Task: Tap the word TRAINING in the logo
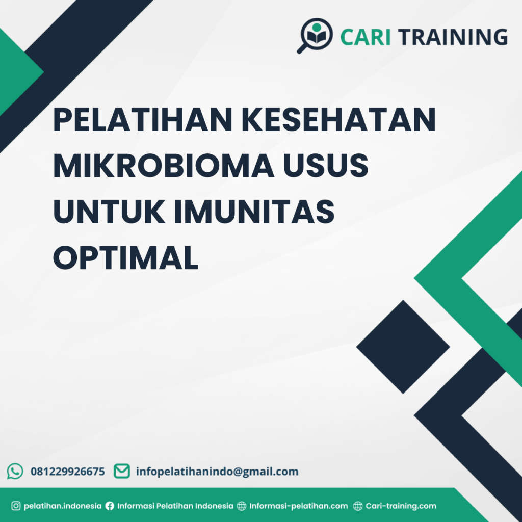[x=453, y=37]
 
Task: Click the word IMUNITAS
[x=254, y=212]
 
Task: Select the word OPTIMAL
[x=125, y=257]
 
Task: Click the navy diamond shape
[x=403, y=347]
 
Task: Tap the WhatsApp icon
[x=15, y=471]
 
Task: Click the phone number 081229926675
[x=68, y=472]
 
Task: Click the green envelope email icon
[x=121, y=471]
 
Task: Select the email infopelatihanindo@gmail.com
[x=217, y=472]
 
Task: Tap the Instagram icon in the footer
[x=16, y=506]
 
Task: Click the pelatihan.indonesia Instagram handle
[x=63, y=506]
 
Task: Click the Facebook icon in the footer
[x=110, y=506]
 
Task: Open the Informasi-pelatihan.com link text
[x=298, y=506]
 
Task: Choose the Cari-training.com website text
[x=401, y=506]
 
